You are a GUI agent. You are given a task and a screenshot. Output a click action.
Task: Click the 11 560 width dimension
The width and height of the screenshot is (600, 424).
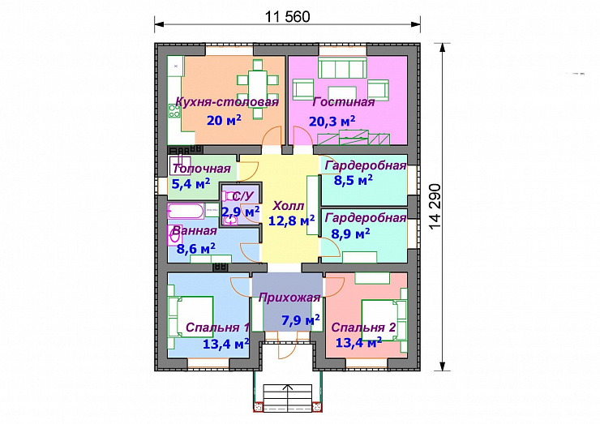[x=287, y=17]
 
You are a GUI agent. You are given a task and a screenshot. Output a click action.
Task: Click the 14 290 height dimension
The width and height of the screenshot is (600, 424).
[x=435, y=207]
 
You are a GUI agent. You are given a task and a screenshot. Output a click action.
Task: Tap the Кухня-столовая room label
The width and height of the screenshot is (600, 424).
[x=227, y=102]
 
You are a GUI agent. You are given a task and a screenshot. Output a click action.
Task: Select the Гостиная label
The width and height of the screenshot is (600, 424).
[x=343, y=102]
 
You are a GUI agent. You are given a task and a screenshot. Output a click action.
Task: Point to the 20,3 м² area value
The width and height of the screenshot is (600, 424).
[x=332, y=122]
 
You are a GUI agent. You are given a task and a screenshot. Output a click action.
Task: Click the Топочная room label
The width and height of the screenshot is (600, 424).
[x=202, y=169]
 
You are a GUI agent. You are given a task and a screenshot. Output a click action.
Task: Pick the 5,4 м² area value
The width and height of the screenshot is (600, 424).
[x=191, y=184]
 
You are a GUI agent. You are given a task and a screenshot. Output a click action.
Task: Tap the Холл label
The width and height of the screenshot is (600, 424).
[x=288, y=206]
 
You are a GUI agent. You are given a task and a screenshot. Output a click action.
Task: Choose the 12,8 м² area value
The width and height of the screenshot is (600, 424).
[x=292, y=221]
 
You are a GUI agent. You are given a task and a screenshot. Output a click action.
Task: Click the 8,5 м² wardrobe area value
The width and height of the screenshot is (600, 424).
[x=354, y=180]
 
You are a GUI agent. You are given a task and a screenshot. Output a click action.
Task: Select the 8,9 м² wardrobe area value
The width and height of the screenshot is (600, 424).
[x=350, y=233]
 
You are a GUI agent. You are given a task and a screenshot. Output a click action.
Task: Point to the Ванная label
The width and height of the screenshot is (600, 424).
[x=195, y=231]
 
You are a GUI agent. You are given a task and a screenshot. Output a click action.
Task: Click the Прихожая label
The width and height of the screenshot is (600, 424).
[x=289, y=298]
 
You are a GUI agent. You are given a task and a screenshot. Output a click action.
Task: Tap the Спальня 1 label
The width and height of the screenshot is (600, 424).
[x=218, y=328]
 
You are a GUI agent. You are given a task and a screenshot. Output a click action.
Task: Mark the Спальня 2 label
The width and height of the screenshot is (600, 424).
[x=363, y=328]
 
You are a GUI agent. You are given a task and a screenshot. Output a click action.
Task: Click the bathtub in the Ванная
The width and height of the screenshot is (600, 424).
[x=186, y=212]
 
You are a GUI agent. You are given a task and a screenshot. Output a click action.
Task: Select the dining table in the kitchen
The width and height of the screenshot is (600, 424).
[x=258, y=89]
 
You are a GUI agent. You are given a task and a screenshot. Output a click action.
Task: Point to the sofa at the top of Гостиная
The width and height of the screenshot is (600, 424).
[x=342, y=68]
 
